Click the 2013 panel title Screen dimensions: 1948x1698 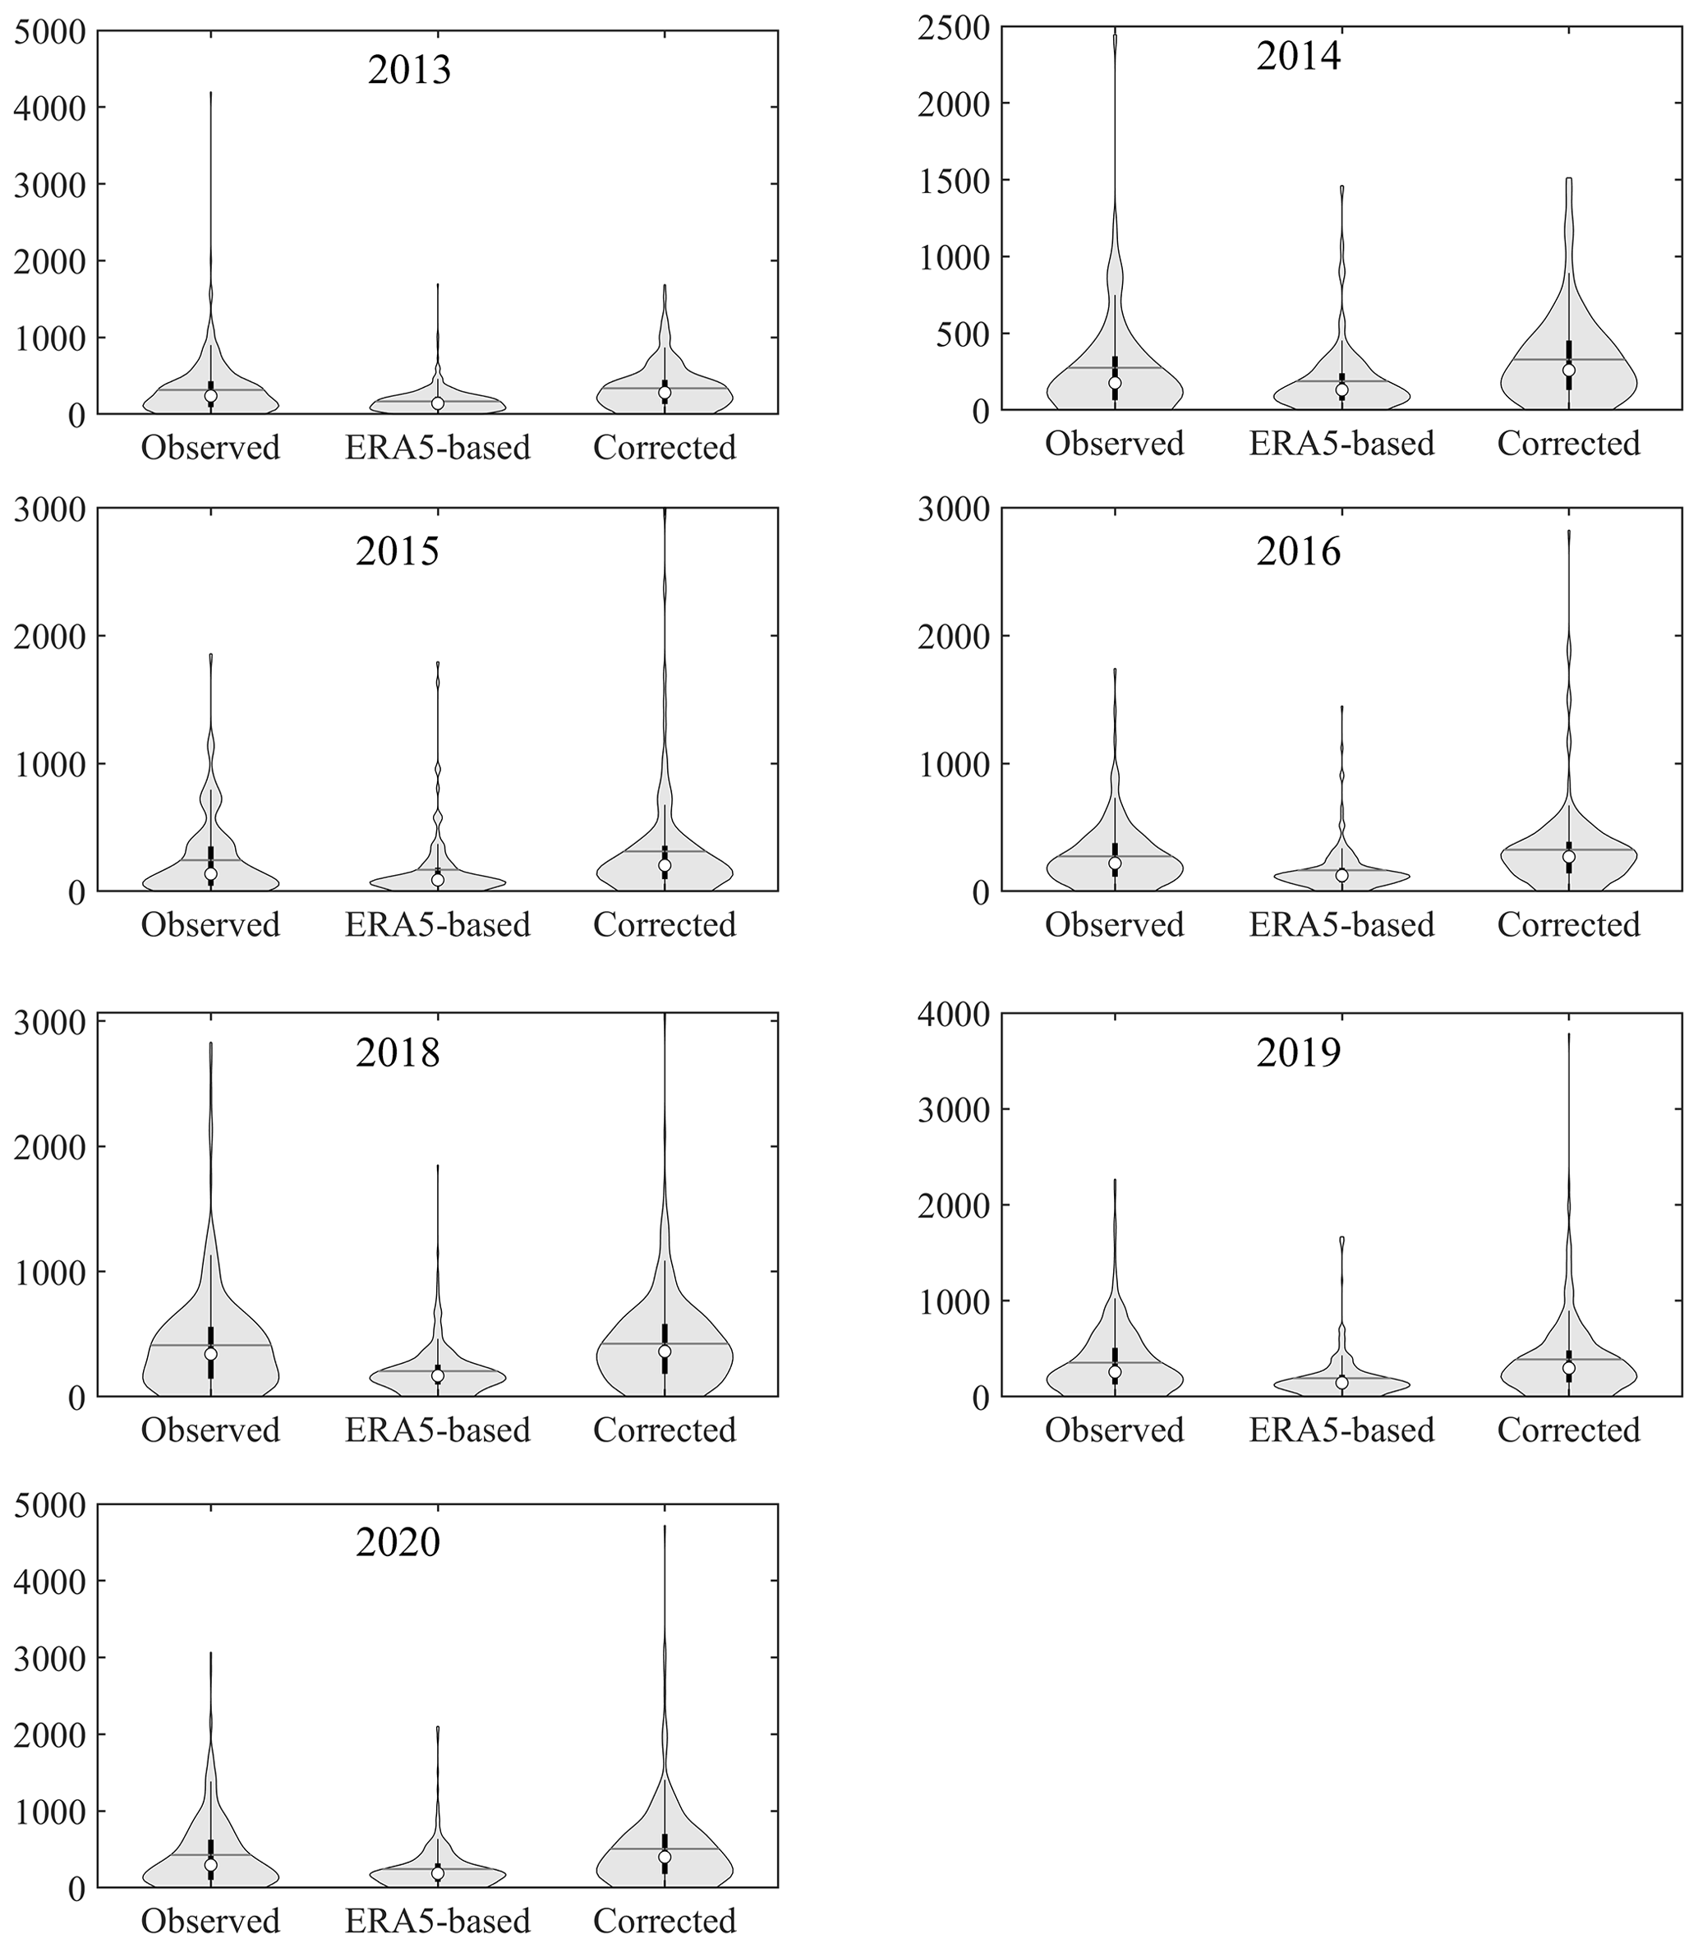(x=409, y=71)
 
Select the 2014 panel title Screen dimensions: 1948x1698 (x=1298, y=57)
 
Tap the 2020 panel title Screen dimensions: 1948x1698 (x=398, y=1542)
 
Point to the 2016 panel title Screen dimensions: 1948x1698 (x=1298, y=551)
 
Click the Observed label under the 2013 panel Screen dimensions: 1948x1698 (x=210, y=447)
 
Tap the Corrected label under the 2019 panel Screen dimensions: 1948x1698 (x=1568, y=1430)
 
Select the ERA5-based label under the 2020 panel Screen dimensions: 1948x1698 (x=437, y=1921)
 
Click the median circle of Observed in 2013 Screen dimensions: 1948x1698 (x=210, y=396)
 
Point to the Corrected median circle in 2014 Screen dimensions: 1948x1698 (x=1568, y=371)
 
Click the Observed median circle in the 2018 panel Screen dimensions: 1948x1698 (x=210, y=1354)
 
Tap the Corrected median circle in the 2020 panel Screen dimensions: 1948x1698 (x=665, y=1856)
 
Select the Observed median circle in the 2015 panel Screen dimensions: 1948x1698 (x=210, y=873)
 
